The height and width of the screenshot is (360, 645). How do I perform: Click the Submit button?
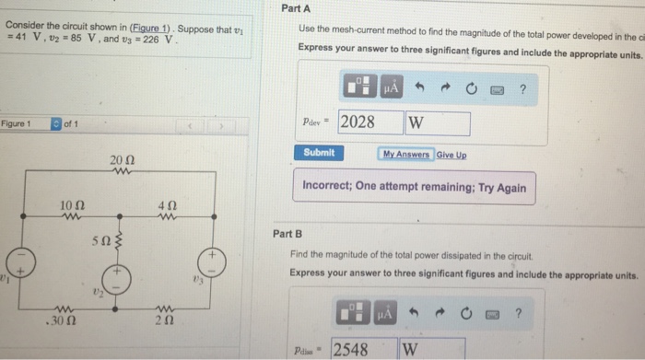coord(319,153)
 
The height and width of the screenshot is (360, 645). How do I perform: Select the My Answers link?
coord(405,155)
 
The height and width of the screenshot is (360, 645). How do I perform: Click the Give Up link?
coord(451,155)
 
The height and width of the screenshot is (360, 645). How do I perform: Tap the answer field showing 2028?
coord(369,122)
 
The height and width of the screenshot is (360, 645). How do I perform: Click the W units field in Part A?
coord(437,122)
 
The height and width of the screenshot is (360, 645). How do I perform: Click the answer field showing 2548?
coord(362,349)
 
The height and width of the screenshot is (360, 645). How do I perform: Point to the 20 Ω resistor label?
coord(122,160)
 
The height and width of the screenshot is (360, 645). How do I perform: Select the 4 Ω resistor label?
coord(167,204)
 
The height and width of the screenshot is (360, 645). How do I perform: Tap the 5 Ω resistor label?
coord(100,241)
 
